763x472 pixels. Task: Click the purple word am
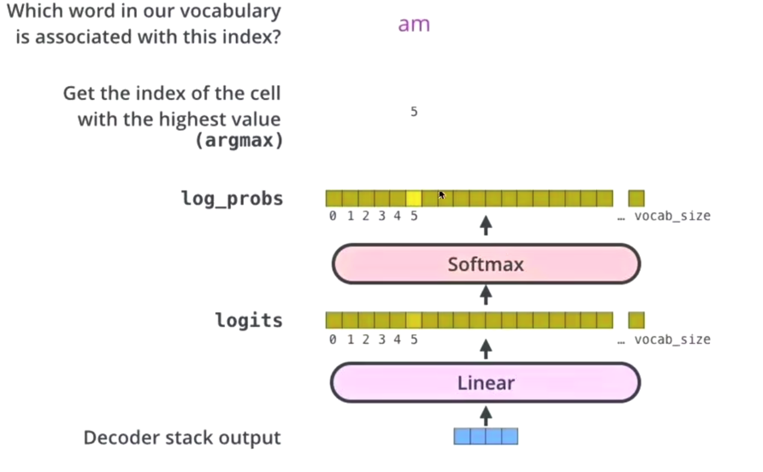coord(414,25)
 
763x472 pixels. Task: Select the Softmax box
coord(486,264)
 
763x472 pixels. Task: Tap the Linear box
coord(486,383)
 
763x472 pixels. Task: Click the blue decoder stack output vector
coord(485,436)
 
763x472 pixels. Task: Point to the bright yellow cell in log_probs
coord(413,198)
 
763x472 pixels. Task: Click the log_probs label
coord(232,199)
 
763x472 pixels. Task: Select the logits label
coord(249,320)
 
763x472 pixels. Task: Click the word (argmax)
coord(239,142)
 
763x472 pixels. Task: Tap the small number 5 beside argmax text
coord(414,112)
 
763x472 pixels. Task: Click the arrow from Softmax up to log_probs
coord(486,226)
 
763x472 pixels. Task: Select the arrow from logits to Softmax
coord(486,295)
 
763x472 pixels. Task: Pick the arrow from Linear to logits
coord(486,348)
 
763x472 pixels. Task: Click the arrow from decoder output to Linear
coord(486,414)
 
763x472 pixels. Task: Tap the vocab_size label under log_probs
coord(672,216)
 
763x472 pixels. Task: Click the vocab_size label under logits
coord(672,339)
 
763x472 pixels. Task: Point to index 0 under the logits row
coord(333,339)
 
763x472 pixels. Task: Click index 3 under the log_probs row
coord(381,216)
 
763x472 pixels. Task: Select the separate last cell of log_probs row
coord(636,198)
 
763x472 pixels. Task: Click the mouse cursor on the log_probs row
coord(442,195)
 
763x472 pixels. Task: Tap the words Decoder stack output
coord(182,437)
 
